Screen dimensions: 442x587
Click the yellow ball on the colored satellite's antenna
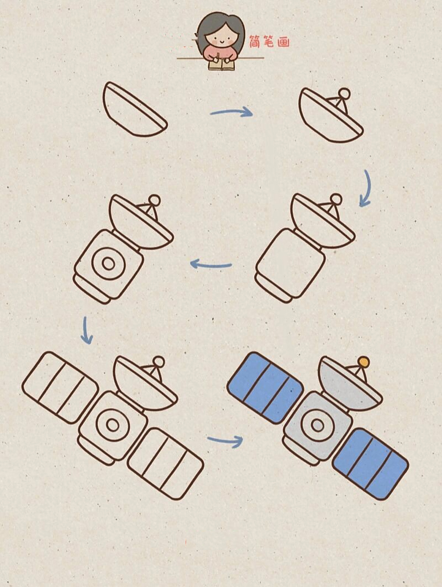pyautogui.click(x=364, y=362)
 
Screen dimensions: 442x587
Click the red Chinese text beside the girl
pyautogui.click(x=269, y=42)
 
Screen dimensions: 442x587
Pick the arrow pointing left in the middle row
pyautogui.click(x=211, y=265)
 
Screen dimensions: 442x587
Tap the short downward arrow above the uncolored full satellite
pyautogui.click(x=86, y=331)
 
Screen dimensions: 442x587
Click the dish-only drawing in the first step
pyautogui.click(x=135, y=109)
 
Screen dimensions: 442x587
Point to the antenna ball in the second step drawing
pyautogui.click(x=344, y=94)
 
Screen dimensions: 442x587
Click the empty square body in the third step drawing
pyautogui.click(x=291, y=263)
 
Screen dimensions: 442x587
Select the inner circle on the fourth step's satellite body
pyautogui.click(x=108, y=264)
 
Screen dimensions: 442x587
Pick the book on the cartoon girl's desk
pyautogui.click(x=222, y=65)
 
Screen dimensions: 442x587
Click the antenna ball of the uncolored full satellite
pyautogui.click(x=159, y=361)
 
